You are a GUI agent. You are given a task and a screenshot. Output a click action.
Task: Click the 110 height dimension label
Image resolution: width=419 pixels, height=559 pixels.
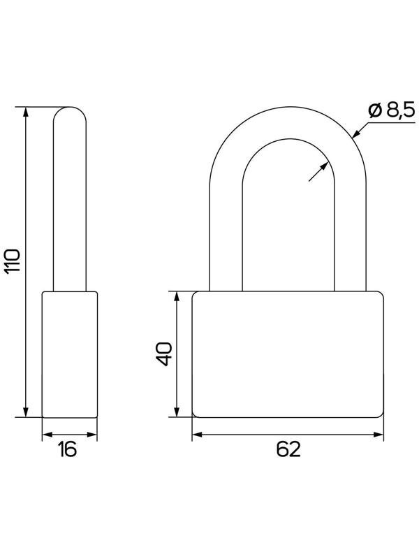click(x=13, y=261)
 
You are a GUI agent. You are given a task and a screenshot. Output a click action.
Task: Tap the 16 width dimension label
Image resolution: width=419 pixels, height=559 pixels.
click(x=67, y=449)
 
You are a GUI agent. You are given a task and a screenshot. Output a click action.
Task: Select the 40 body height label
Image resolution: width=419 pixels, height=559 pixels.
click(x=164, y=354)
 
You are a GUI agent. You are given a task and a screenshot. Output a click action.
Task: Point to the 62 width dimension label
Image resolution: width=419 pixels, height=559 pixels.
click(x=288, y=449)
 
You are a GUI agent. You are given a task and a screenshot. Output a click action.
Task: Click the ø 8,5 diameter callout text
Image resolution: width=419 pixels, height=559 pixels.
click(x=392, y=111)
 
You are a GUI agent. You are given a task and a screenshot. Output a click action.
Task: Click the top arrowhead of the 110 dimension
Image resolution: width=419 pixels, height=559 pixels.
click(x=25, y=112)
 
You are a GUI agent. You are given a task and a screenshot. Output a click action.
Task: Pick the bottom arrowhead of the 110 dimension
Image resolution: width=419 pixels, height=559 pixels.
click(x=25, y=412)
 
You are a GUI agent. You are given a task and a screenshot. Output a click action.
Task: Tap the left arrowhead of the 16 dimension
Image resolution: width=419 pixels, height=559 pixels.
click(x=47, y=435)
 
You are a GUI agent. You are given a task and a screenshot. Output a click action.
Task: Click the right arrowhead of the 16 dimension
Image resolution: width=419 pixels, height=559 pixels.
click(x=92, y=435)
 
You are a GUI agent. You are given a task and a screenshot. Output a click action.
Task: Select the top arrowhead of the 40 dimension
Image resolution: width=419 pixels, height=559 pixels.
click(x=177, y=296)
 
